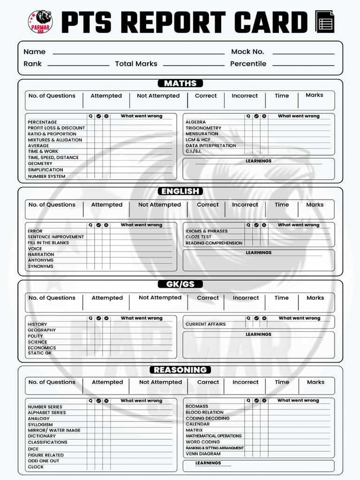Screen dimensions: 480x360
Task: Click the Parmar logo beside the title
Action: (40, 22)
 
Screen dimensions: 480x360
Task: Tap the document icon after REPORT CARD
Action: (325, 22)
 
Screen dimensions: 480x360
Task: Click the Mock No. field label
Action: (247, 52)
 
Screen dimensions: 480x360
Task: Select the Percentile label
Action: (248, 64)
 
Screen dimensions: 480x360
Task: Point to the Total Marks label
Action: (136, 64)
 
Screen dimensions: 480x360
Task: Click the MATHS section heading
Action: (180, 83)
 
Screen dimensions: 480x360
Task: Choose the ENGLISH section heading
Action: (180, 191)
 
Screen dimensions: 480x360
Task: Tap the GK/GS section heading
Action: (180, 284)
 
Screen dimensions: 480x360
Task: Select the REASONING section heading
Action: (180, 370)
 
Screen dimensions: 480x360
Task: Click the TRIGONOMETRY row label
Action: (203, 128)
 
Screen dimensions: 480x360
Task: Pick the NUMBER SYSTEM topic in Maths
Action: (46, 177)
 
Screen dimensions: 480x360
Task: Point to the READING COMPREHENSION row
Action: (214, 243)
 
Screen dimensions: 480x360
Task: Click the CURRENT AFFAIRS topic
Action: (205, 324)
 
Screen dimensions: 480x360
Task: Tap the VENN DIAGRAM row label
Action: (203, 454)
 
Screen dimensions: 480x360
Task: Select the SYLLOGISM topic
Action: (40, 425)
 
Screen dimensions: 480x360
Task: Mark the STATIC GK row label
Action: (39, 353)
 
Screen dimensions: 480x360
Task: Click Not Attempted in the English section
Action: (159, 205)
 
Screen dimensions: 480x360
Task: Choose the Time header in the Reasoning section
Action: (282, 382)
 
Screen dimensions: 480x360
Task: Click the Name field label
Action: (35, 52)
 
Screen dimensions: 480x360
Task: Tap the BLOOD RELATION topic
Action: (204, 412)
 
